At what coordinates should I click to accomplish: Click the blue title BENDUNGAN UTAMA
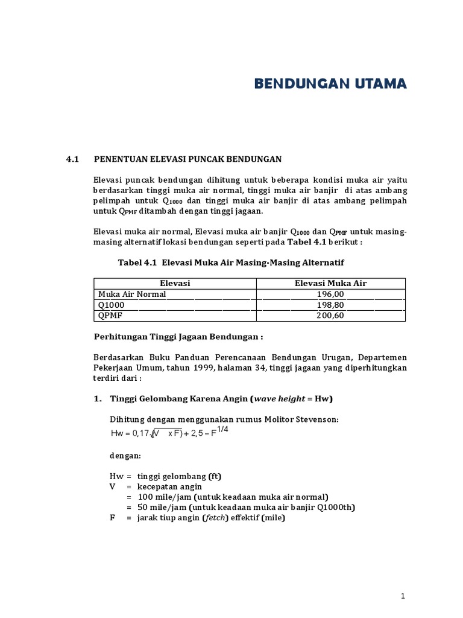tap(330, 83)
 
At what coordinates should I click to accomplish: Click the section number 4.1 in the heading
tap(73, 159)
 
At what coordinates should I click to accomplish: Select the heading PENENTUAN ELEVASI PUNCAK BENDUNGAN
tap(188, 159)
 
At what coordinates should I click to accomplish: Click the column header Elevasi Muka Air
tap(330, 283)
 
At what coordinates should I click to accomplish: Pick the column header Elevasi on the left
tap(175, 283)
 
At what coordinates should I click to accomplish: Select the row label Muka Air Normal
tap(131, 294)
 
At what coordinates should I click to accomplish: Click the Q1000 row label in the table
tap(111, 305)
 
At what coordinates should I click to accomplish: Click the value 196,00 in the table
tap(330, 294)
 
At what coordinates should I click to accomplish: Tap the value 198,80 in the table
tap(330, 305)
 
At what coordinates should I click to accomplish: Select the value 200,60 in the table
tap(330, 316)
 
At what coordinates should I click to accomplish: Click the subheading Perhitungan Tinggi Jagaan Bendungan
tap(178, 336)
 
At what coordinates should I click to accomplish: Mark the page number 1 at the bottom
tap(403, 596)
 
